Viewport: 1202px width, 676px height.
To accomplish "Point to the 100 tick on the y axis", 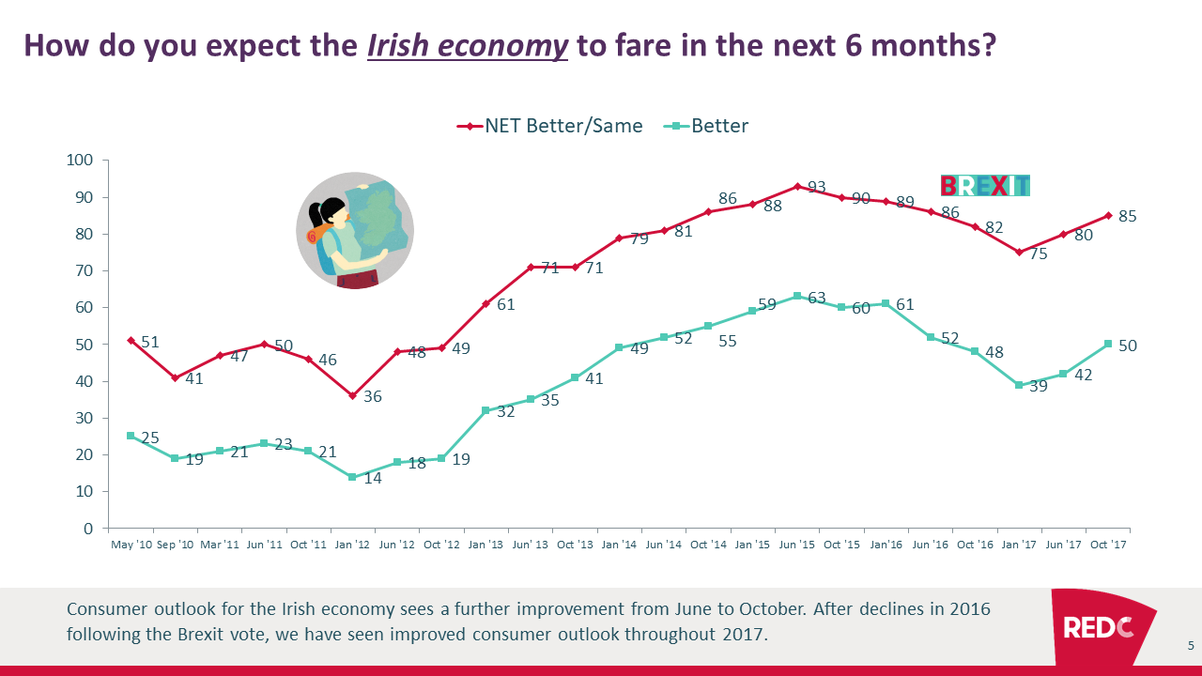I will [81, 161].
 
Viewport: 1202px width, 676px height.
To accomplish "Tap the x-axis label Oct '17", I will [1108, 545].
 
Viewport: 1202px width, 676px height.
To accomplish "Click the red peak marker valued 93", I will [797, 186].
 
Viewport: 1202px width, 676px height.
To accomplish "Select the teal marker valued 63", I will [797, 296].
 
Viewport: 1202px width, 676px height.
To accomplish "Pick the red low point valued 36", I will [352, 395].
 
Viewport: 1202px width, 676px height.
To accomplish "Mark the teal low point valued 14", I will [352, 477].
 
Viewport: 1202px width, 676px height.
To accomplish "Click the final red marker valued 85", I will [1108, 215].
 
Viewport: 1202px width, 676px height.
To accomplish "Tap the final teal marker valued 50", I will [1108, 344].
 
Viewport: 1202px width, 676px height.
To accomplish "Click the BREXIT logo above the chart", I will [985, 185].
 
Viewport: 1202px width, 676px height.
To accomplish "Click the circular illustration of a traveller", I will [355, 231].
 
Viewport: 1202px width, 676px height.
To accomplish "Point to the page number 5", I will [1191, 645].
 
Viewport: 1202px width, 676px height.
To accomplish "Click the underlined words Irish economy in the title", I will [468, 46].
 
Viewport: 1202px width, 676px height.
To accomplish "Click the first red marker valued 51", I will [131, 340].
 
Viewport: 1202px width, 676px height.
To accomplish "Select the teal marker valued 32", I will [485, 410].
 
